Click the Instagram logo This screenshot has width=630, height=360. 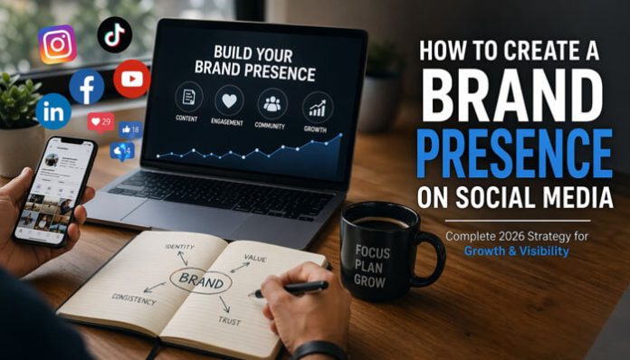pos(57,43)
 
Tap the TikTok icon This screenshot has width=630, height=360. pos(115,34)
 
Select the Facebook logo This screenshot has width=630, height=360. pos(87,87)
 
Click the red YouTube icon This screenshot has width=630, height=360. pos(131,79)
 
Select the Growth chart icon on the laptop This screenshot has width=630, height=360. pos(317,109)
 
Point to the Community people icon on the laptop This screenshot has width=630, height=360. pos(271,100)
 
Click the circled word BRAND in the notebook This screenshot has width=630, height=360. pos(201,279)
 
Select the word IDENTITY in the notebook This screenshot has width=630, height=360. pos(180,246)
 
